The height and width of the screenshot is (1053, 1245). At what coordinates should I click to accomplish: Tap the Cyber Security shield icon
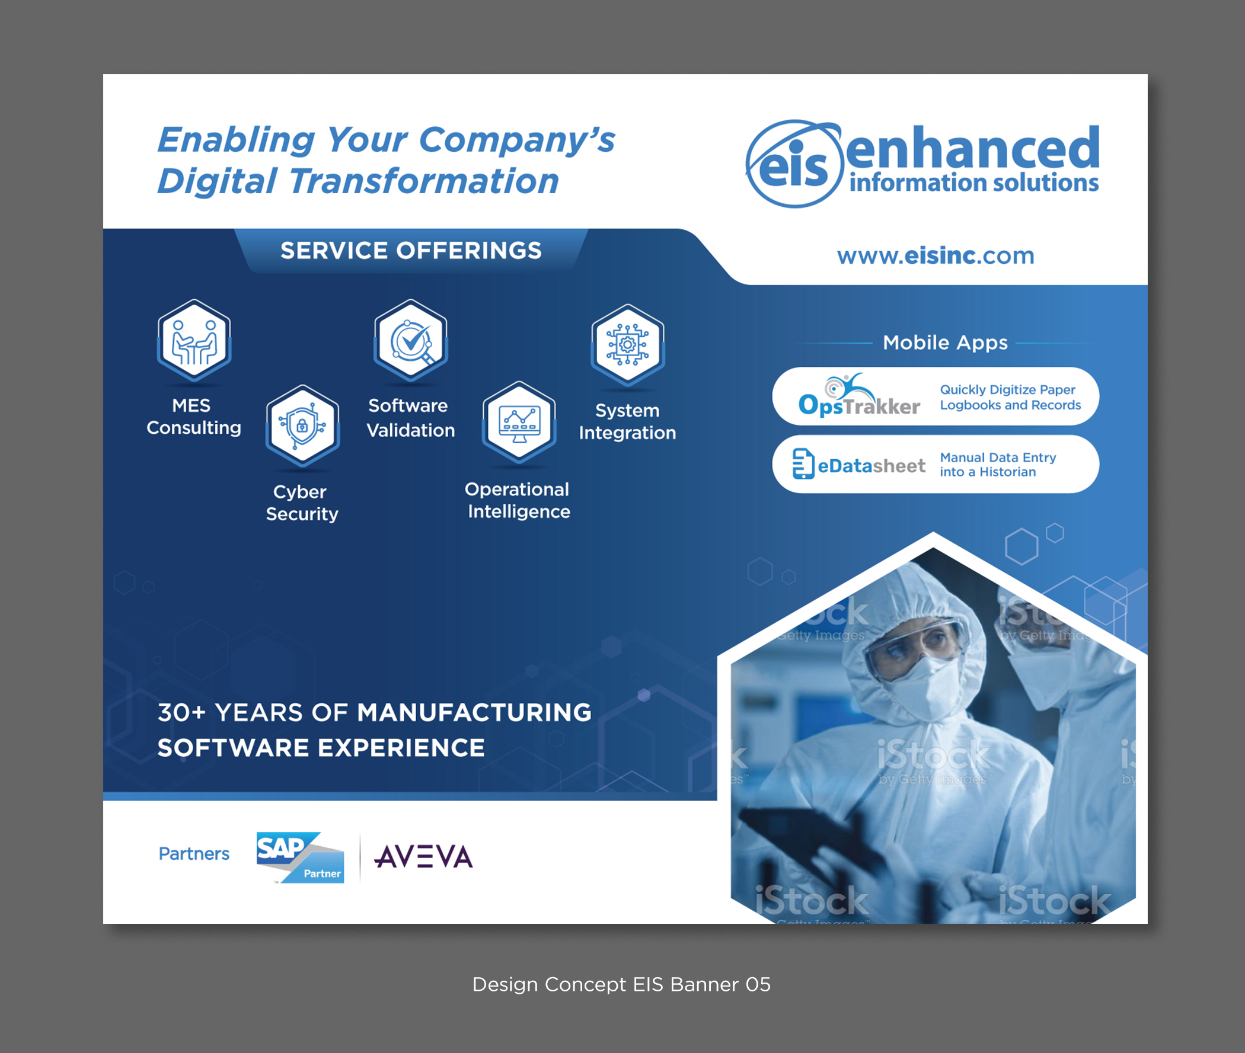303,425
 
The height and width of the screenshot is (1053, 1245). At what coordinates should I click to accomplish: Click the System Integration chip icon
628,345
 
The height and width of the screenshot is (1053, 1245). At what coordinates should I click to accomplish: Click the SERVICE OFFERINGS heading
411,251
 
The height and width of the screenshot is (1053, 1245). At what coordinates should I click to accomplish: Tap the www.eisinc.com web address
935,255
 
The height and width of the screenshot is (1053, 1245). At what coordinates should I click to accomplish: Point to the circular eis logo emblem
794,165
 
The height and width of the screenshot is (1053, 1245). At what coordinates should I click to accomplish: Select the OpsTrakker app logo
858,397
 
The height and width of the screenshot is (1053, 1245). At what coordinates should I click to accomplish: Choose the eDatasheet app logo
858,465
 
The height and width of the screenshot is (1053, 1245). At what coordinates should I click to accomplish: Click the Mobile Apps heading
944,343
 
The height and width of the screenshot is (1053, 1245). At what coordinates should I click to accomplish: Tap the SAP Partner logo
301,857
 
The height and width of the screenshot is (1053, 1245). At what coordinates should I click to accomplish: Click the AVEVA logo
423,857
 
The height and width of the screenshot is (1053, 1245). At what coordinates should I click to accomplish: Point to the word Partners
194,854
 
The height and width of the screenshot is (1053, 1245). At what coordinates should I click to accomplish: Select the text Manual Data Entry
998,457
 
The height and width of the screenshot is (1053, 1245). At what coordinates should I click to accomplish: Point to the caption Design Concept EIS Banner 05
621,984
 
